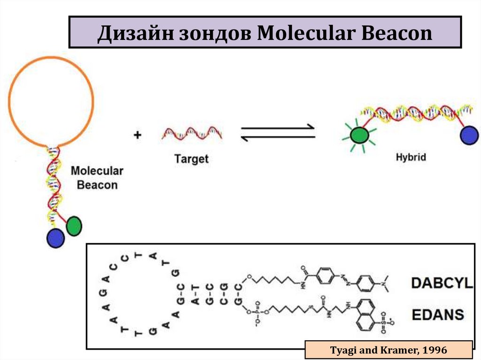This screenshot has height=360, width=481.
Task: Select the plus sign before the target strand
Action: click(137, 135)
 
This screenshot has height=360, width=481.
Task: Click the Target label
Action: click(191, 159)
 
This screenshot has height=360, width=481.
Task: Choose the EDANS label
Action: click(438, 314)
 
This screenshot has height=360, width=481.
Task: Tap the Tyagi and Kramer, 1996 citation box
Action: click(388, 350)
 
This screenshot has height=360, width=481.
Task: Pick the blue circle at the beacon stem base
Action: click(55, 238)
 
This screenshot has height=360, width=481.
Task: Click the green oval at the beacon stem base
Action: click(74, 226)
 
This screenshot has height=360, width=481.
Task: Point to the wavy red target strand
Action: click(192, 133)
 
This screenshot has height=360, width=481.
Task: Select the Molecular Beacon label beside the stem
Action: click(97, 177)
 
